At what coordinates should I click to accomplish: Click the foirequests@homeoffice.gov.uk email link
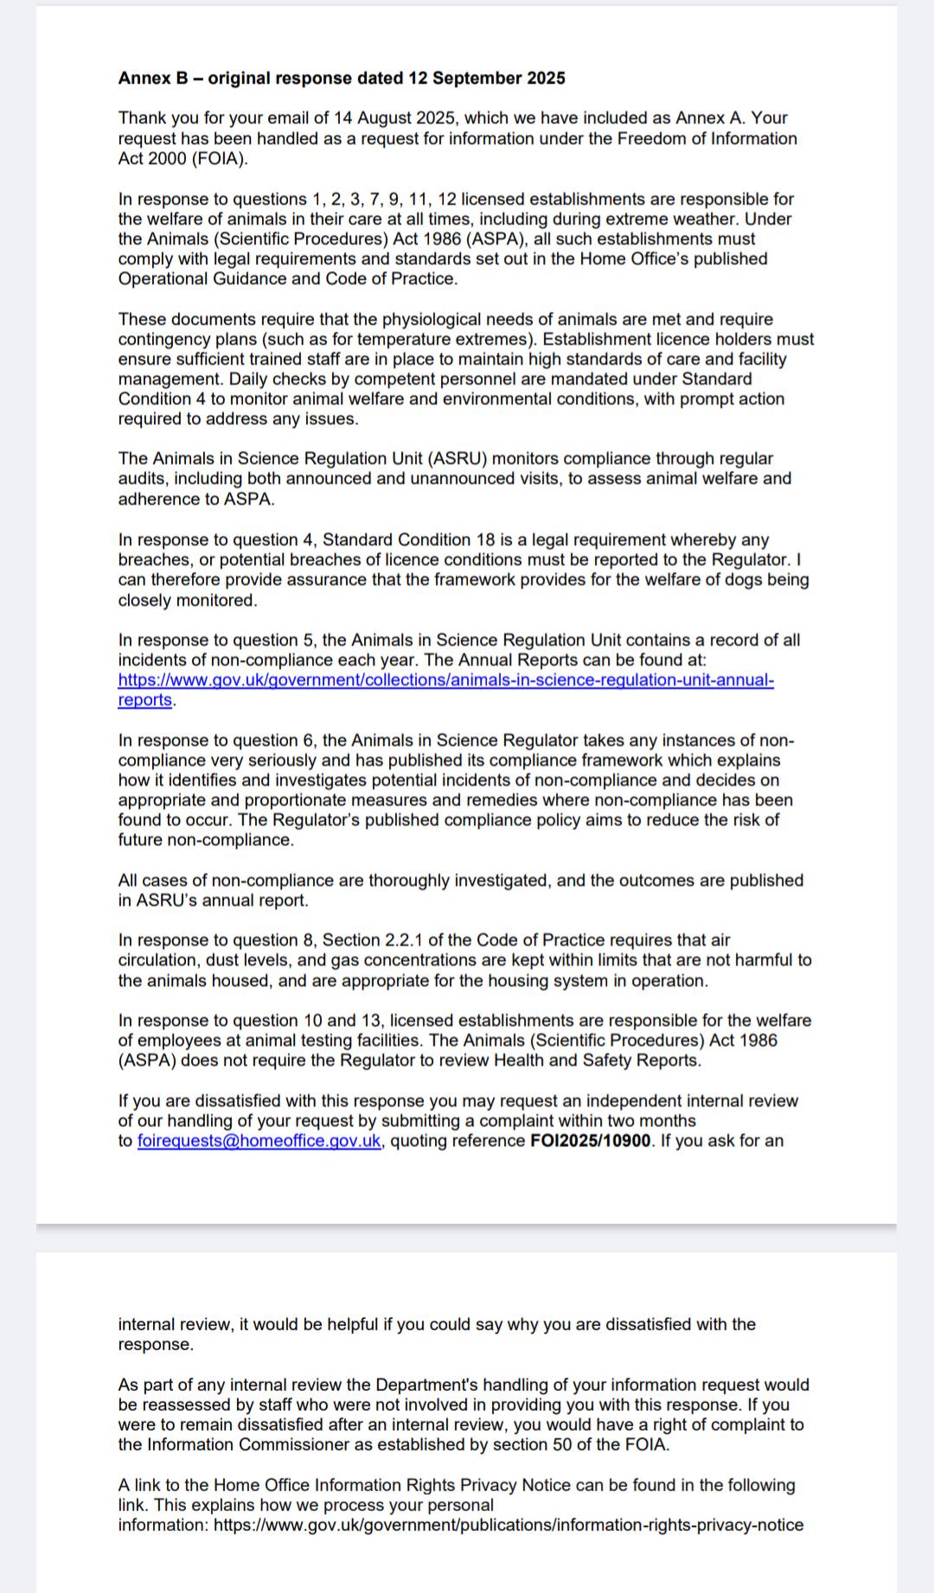click(259, 1141)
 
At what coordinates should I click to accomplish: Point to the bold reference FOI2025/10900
click(590, 1141)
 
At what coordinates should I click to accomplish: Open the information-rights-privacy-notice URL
click(509, 1525)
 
